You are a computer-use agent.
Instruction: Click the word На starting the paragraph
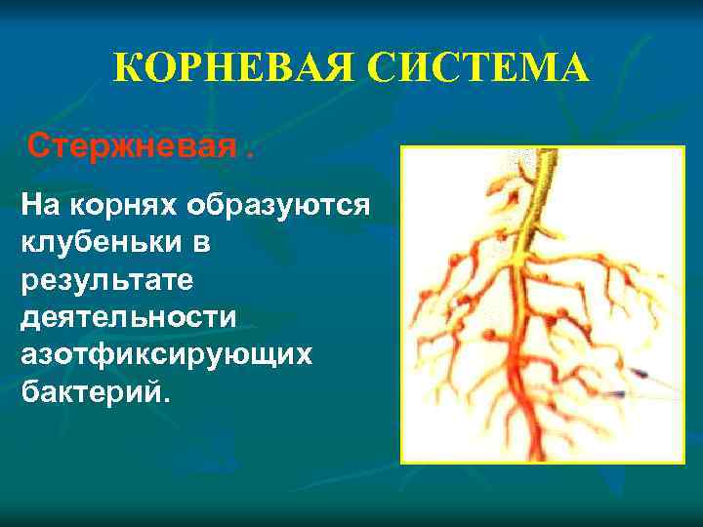40,206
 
